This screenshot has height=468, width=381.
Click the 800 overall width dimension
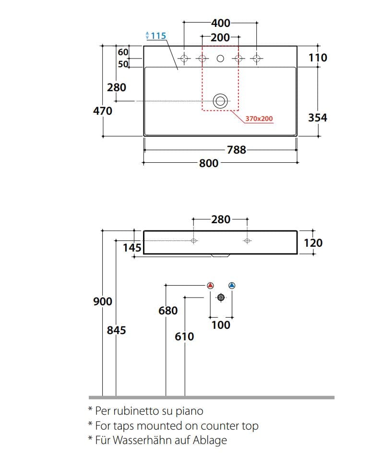(209, 163)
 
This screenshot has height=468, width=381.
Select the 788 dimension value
(237, 150)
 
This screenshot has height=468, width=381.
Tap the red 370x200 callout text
(259, 119)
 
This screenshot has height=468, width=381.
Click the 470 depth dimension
(102, 111)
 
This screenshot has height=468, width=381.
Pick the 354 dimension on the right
(317, 118)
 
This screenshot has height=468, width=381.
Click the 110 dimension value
(318, 58)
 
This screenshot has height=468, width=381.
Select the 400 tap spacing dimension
(221, 23)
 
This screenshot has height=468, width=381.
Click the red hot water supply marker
(210, 286)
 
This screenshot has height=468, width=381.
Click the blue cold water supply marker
(232, 286)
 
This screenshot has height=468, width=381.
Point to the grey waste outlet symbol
(221, 298)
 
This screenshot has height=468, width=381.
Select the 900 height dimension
(102, 301)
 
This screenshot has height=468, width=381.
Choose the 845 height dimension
(117, 330)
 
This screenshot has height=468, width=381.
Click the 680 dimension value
(168, 311)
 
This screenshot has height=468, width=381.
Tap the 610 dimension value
(185, 336)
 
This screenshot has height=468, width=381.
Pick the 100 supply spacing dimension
(221, 325)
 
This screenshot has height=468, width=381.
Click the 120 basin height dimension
(313, 243)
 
